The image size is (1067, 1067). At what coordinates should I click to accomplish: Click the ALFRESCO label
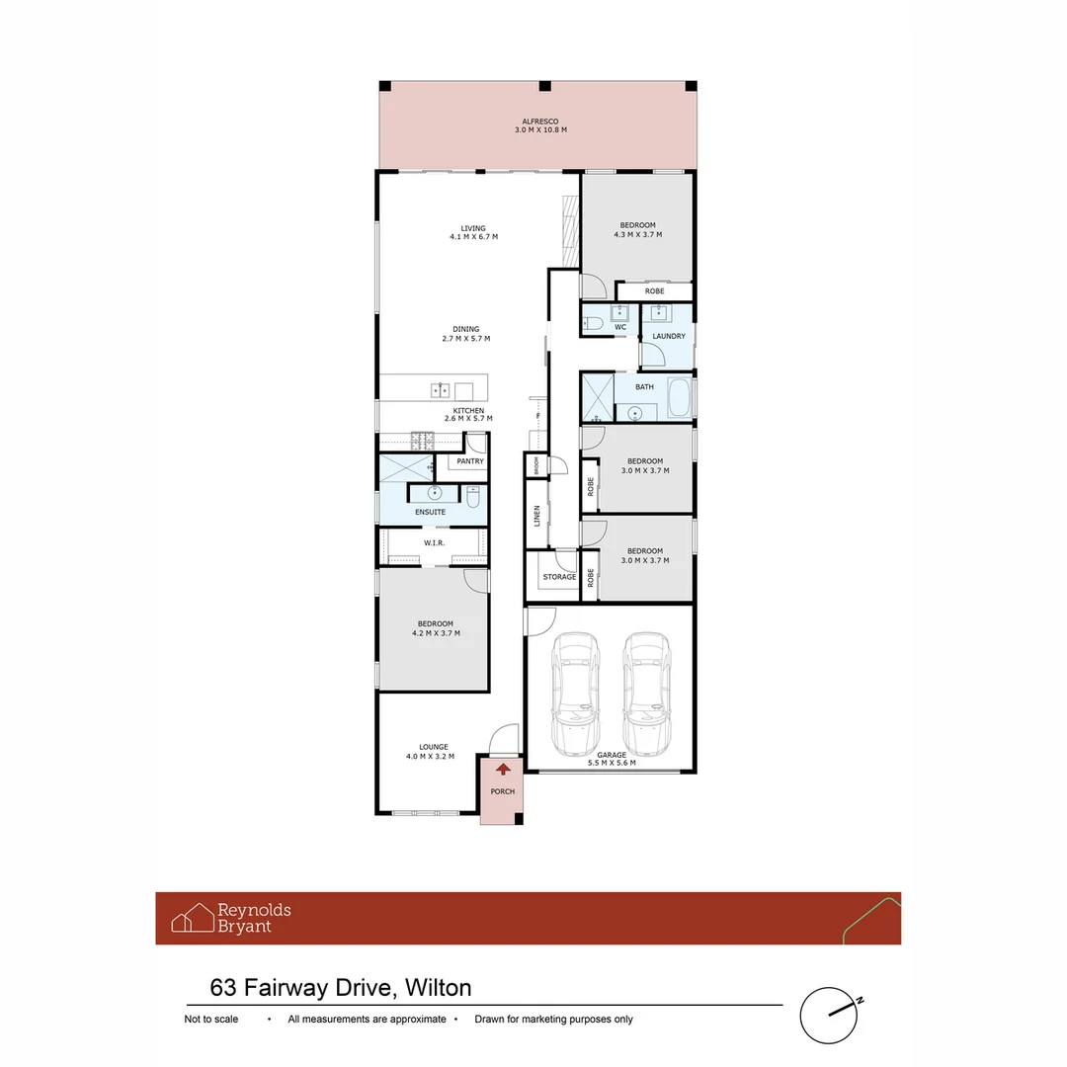[x=540, y=122]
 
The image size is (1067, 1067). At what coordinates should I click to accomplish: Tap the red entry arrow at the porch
[x=503, y=768]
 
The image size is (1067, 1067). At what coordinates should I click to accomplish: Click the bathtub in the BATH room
[x=679, y=399]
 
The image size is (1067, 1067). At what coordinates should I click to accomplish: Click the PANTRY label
[x=470, y=461]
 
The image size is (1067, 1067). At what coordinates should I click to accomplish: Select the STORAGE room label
[x=559, y=577]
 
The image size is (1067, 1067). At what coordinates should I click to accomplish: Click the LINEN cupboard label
[x=537, y=515]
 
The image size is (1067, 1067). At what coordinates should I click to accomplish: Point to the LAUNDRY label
[x=669, y=337]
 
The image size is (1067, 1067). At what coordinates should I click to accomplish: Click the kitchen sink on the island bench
[x=441, y=387]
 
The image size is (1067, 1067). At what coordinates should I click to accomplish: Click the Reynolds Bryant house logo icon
[x=193, y=918]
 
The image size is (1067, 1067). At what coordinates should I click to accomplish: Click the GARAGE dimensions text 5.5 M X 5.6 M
[x=612, y=763]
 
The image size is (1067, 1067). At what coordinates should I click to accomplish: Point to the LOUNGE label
[x=434, y=747]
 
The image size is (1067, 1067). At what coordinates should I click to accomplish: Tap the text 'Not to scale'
[x=211, y=1020]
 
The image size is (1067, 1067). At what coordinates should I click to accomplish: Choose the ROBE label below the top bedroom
[x=655, y=291]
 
